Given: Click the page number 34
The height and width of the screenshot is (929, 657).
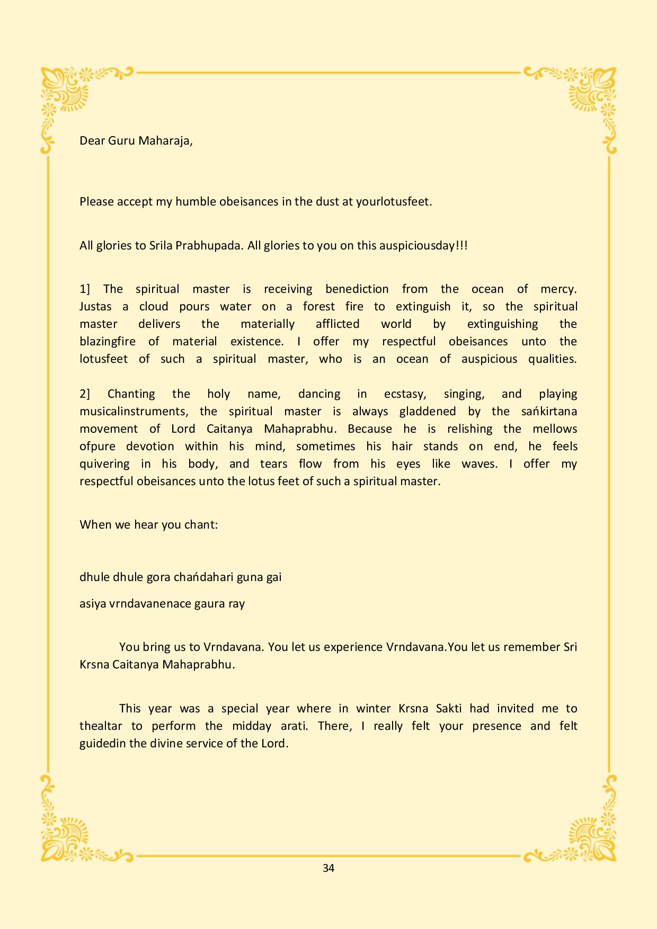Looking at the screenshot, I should [328, 868].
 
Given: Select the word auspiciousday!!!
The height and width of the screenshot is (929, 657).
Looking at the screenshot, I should [423, 246].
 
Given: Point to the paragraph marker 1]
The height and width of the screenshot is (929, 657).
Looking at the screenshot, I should [85, 289].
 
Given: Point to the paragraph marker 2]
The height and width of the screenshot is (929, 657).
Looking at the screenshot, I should [85, 394].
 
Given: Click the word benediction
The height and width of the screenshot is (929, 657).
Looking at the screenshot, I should [357, 289].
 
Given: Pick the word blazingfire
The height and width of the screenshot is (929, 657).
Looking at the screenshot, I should [108, 342].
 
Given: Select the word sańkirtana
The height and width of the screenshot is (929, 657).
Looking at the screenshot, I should [549, 412].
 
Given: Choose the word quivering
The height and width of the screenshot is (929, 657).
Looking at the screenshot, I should [104, 464].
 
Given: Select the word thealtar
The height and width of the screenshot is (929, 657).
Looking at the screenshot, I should [101, 726].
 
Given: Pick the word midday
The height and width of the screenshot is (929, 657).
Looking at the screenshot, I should [252, 726].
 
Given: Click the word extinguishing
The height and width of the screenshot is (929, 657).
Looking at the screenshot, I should [502, 324].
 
